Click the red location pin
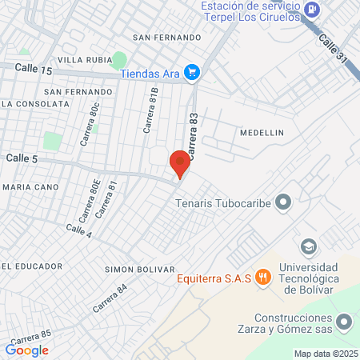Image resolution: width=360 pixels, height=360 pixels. [x=180, y=163]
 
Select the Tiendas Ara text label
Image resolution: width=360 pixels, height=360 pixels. [x=150, y=74]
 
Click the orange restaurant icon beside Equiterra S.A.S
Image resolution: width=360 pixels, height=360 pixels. [x=265, y=278]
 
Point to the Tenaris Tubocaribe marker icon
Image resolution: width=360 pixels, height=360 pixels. [x=282, y=202]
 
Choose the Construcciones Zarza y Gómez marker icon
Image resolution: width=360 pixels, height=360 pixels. [x=344, y=322]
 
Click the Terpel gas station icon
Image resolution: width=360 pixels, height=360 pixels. [x=313, y=10]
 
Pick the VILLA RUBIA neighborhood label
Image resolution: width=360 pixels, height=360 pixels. [x=82, y=60]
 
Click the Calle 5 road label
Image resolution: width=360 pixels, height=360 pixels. [x=22, y=158]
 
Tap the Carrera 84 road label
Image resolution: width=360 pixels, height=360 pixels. [x=110, y=298]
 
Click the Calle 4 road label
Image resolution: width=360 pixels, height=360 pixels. [x=78, y=231]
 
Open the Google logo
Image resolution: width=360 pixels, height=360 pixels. [x=27, y=350]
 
